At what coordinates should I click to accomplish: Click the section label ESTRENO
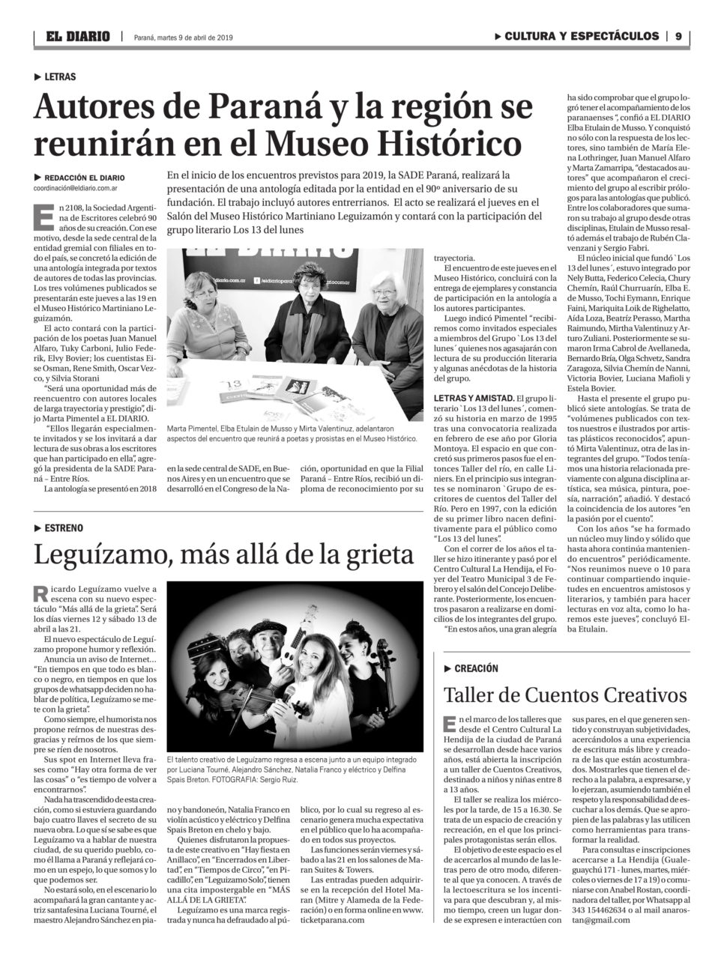[64, 528]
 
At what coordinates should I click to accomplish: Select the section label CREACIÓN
[476, 668]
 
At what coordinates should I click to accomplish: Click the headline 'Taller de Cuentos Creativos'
[565, 695]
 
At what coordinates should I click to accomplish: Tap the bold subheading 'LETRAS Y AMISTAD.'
[474, 397]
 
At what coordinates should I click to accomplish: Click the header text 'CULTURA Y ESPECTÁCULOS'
[582, 36]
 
